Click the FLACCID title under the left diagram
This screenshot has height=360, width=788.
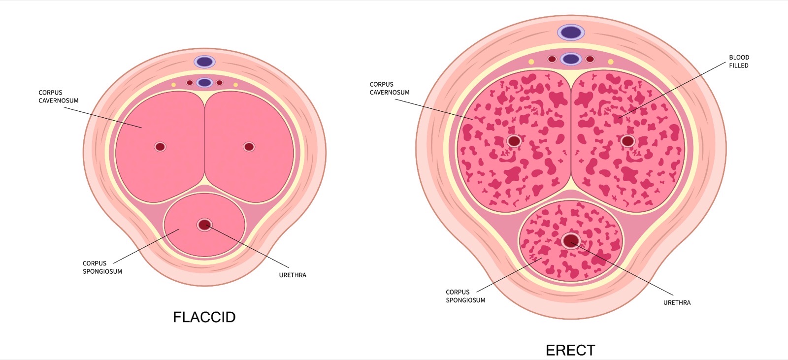204,317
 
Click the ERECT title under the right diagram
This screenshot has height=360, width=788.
570,351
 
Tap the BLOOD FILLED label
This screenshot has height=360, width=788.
739,61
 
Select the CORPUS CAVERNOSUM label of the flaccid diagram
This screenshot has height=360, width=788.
59,97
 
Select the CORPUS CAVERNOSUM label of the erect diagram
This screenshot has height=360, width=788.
390,88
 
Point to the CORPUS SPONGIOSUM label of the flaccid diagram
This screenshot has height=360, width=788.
102,267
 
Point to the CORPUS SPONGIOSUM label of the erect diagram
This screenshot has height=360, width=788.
465,296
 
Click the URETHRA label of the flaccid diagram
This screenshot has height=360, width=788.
293,275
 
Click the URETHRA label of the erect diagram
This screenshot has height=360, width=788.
677,303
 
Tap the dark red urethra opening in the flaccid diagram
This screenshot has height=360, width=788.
204,225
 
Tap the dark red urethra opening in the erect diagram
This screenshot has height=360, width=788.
571,241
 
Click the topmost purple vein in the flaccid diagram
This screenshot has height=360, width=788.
205,62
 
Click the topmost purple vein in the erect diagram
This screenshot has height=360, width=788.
571,33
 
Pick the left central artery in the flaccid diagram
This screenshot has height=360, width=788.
160,147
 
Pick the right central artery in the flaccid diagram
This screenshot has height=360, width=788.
249,147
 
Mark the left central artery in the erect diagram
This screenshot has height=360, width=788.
514,141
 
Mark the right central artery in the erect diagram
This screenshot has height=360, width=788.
627,141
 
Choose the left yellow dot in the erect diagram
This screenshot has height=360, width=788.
531,62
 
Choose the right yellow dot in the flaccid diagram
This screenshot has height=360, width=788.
236,85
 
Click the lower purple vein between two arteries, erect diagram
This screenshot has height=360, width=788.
571,59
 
